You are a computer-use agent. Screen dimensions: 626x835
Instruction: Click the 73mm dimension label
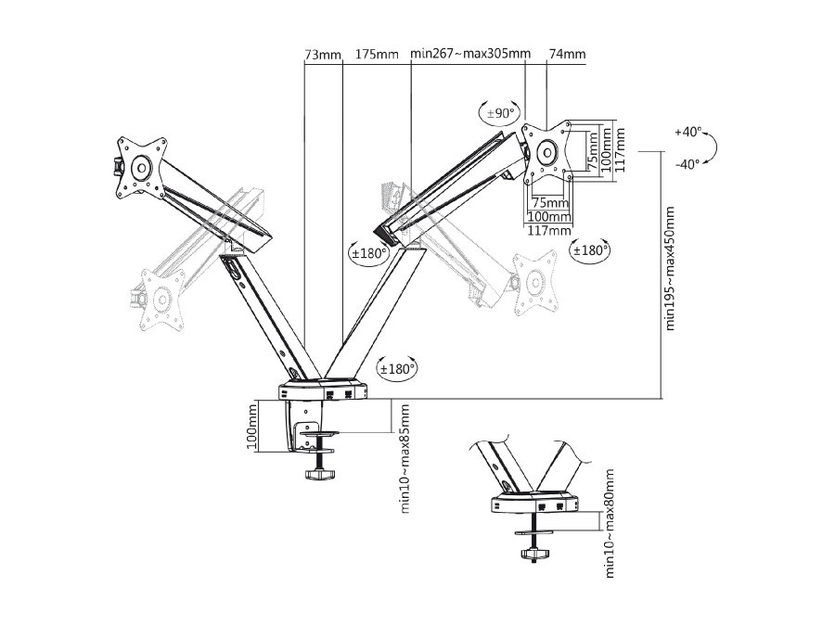tap(322, 56)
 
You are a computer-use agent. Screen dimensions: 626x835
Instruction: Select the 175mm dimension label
tap(377, 56)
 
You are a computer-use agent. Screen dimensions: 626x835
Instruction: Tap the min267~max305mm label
tap(469, 56)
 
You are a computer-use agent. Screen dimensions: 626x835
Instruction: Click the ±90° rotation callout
tap(499, 113)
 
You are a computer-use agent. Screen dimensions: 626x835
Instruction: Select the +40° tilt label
tap(687, 133)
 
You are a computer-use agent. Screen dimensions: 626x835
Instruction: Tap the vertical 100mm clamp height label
tap(251, 427)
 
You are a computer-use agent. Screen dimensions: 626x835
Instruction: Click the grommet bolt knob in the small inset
tap(533, 555)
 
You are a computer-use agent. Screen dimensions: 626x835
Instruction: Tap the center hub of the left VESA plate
tap(141, 168)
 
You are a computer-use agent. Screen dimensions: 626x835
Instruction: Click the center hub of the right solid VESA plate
tap(547, 151)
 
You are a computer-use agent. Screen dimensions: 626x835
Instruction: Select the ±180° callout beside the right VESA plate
tap(590, 250)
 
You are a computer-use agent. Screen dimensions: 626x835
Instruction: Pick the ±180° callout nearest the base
tap(397, 368)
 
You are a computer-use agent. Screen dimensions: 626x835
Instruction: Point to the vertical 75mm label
tap(591, 147)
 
